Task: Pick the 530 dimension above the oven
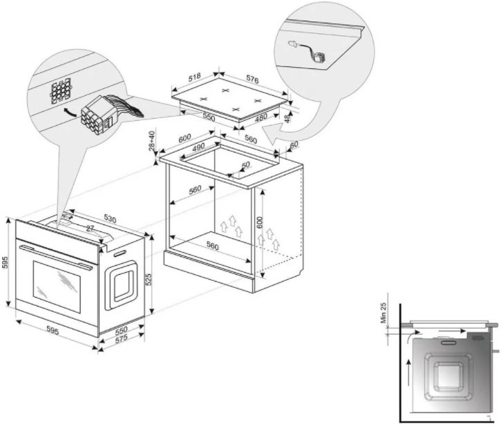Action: point(111,219)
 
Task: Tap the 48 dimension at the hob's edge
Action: point(288,119)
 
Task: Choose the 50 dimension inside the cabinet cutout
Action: point(245,165)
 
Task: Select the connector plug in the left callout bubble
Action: point(97,115)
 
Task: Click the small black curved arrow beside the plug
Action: point(66,110)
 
